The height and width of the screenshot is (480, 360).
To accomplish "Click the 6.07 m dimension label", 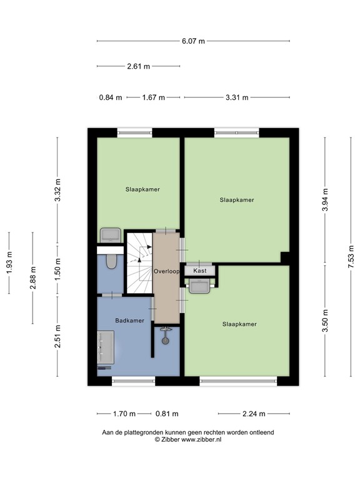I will click(x=193, y=41).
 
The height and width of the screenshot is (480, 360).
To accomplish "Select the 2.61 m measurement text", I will click(x=138, y=66).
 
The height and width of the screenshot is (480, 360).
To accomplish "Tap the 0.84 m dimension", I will click(x=110, y=97).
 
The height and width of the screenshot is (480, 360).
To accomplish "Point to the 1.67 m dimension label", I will click(x=153, y=97).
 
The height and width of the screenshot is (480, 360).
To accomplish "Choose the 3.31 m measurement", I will click(x=237, y=97).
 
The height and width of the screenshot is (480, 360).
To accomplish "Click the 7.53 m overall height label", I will click(x=351, y=257).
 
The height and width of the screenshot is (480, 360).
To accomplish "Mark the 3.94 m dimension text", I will click(x=325, y=200).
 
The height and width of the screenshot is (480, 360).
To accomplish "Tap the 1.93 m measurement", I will click(x=9, y=263).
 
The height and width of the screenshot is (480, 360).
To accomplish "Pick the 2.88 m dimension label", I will click(x=33, y=277).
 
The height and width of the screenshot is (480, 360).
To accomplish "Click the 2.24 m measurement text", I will click(x=254, y=414).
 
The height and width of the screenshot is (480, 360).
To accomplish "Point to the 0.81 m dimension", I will click(x=167, y=414).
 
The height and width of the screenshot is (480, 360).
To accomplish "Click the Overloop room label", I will click(x=167, y=272).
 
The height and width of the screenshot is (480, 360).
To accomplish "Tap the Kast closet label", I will click(x=200, y=271).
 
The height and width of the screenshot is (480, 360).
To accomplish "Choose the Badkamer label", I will click(x=129, y=320).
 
